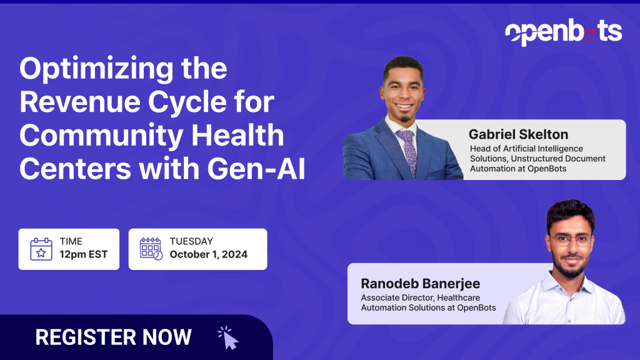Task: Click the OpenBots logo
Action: [x=563, y=31]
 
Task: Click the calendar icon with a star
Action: [x=41, y=249]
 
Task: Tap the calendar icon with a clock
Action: [x=151, y=249]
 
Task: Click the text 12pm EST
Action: [x=84, y=254]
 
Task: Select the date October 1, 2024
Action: [x=208, y=254]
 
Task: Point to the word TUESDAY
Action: [x=191, y=241]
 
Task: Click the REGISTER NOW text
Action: [x=113, y=337]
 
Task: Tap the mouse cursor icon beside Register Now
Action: [x=229, y=337]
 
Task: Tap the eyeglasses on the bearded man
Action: [x=570, y=239]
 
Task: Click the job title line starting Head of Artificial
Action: [x=526, y=149]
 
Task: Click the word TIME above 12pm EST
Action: [x=71, y=241]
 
